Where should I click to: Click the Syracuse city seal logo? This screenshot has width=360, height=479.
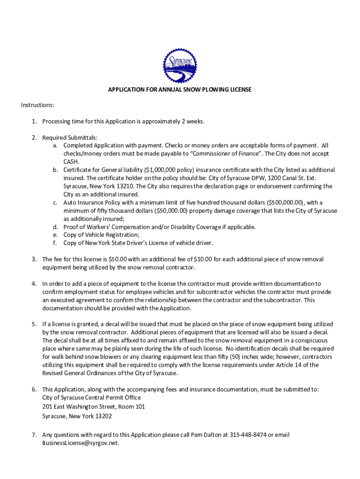[x=180, y=66]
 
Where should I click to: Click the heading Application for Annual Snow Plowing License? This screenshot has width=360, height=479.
[x=180, y=89]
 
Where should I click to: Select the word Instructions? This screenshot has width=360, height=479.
[x=37, y=105]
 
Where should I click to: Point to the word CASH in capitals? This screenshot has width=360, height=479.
[x=71, y=161]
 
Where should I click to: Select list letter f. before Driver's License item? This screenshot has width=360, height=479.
[x=55, y=243]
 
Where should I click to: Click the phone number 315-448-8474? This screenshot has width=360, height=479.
[x=248, y=435]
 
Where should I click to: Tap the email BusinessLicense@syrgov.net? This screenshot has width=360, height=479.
[x=80, y=443]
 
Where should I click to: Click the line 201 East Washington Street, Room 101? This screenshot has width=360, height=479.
[x=94, y=406]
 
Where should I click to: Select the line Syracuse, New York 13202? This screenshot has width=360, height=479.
[x=77, y=416]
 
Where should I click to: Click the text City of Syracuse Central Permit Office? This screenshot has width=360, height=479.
[x=91, y=398]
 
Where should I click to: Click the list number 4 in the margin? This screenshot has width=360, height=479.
[x=34, y=283]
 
